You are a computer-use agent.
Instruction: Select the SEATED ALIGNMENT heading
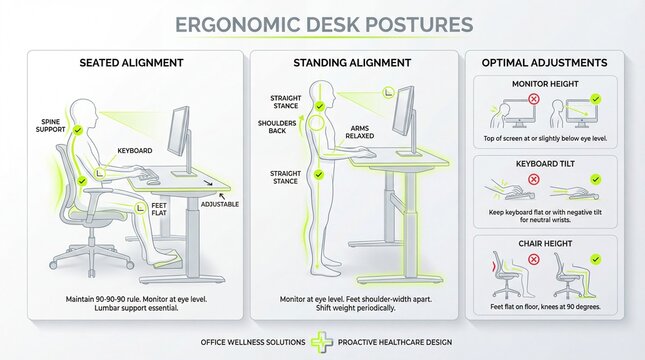[131, 63]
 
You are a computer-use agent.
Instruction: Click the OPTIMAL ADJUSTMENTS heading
[545, 63]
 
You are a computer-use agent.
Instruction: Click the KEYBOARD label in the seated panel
[134, 150]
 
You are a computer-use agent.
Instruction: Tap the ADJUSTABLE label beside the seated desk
[220, 203]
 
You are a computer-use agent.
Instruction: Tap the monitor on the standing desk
[405, 112]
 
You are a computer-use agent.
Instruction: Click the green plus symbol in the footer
[321, 342]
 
